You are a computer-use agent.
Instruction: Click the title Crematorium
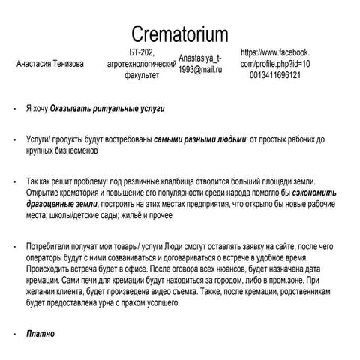click(180, 33)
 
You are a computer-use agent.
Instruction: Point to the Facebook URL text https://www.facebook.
click(276, 53)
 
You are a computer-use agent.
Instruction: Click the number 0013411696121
click(276, 76)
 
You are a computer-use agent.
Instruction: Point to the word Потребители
click(49, 245)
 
